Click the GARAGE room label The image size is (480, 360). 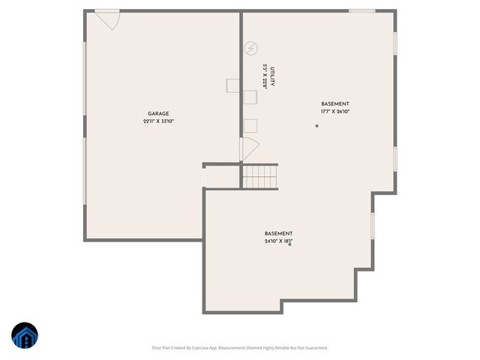pyautogui.click(x=157, y=113)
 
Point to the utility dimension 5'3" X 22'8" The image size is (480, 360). pyautogui.click(x=265, y=77)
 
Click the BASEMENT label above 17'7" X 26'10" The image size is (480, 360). pyautogui.click(x=334, y=103)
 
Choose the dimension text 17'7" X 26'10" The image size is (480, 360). pyautogui.click(x=334, y=112)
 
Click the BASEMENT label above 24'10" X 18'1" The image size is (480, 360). pyautogui.click(x=278, y=233)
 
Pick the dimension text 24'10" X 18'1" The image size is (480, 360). pyautogui.click(x=278, y=241)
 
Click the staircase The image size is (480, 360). pyautogui.click(x=259, y=177)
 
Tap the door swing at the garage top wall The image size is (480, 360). pyautogui.click(x=107, y=19)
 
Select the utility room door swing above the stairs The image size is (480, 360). pyautogui.click(x=249, y=148)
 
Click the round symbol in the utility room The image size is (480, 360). pyautogui.click(x=251, y=48)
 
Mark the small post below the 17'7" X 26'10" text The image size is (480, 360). pyautogui.click(x=316, y=126)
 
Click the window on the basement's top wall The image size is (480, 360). pyautogui.click(x=362, y=10)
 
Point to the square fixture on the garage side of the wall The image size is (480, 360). pyautogui.click(x=232, y=86)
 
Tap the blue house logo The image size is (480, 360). pyautogui.click(x=25, y=337)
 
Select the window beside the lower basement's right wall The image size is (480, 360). pyautogui.click(x=372, y=226)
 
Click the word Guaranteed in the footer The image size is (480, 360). pyautogui.click(x=316, y=348)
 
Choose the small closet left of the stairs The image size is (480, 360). pyautogui.click(x=221, y=177)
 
